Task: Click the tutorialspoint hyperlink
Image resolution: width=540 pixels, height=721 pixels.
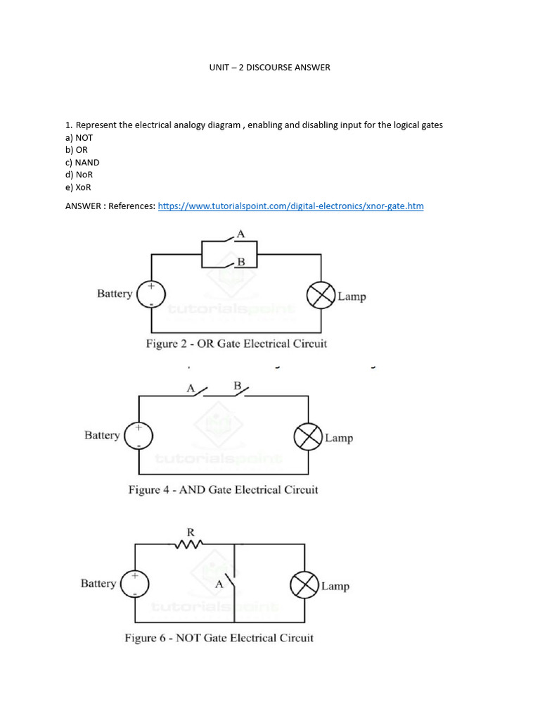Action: pos(290,206)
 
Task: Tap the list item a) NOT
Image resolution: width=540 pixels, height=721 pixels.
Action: pos(79,138)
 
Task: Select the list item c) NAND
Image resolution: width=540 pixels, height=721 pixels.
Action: pos(82,163)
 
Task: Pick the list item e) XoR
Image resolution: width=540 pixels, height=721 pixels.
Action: pos(78,187)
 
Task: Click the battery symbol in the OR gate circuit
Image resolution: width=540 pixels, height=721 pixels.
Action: pos(150,294)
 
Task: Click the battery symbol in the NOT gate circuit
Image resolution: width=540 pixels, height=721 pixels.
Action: pos(135,584)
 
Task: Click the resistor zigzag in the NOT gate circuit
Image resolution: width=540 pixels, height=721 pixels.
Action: pos(189,544)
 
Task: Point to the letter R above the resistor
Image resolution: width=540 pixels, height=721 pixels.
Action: pos(190,532)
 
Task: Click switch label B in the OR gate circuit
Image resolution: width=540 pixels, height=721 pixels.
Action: pos(240,262)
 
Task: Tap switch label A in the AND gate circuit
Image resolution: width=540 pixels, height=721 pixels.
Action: pos(190,387)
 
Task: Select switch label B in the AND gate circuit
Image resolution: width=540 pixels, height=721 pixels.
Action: pos(237,386)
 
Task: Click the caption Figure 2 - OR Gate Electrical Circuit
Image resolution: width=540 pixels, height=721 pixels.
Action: pos(236,344)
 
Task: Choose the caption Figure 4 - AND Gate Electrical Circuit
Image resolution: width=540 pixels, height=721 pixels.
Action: pos(223,489)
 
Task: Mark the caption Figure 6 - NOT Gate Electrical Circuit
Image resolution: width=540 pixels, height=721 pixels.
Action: pos(219,638)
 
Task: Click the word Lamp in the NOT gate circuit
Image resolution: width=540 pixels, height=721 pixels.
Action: pos(335,586)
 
